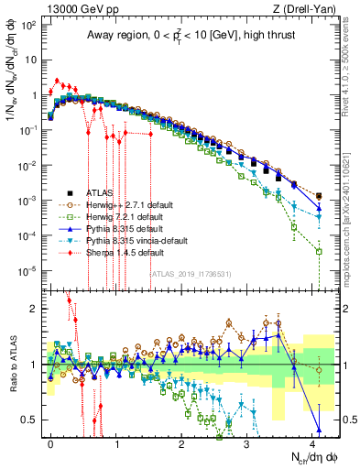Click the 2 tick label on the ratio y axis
[x=30, y=309]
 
